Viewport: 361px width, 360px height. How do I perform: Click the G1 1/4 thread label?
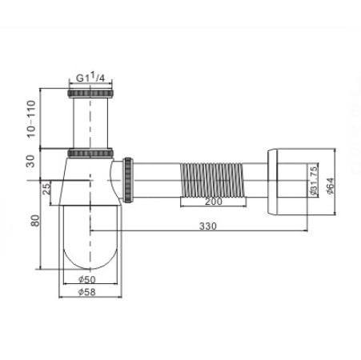pos(90,78)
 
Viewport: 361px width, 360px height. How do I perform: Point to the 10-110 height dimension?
pos(31,118)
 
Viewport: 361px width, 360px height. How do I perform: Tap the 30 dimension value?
pos(31,161)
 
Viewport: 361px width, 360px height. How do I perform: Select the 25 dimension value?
pos(46,188)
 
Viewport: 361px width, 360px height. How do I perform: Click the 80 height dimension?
pos(35,220)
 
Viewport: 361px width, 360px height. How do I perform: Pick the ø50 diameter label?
pos(87,279)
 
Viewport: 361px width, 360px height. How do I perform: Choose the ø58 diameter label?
pos(86,292)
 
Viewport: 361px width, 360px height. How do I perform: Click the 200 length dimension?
pos(214,202)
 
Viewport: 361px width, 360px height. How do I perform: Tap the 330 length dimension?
pos(208,226)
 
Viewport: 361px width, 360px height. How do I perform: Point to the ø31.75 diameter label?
pos(313,181)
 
